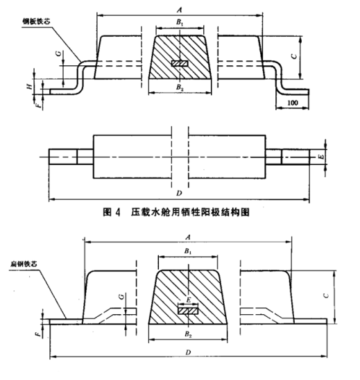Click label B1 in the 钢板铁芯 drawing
pyautogui.click(x=180, y=24)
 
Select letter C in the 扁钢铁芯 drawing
pyautogui.click(x=326, y=294)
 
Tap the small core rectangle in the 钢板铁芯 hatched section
pyautogui.click(x=180, y=63)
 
